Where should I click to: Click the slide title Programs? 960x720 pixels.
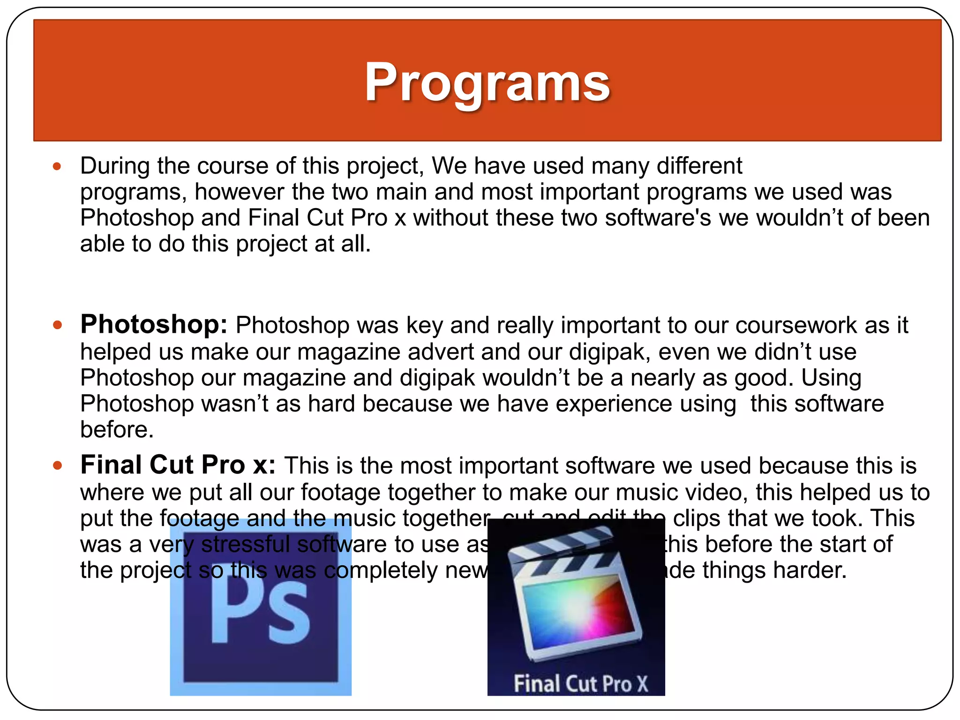(487, 82)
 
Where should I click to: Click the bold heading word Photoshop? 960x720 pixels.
(154, 324)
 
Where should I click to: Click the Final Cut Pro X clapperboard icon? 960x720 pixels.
(576, 595)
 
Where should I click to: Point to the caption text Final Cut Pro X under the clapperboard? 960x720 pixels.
(580, 683)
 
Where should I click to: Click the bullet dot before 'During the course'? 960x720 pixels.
(57, 166)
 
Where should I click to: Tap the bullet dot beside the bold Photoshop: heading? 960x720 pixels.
(57, 325)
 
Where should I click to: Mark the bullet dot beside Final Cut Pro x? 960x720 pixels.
(57, 465)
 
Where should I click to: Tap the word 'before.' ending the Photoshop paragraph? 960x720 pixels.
(117, 430)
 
